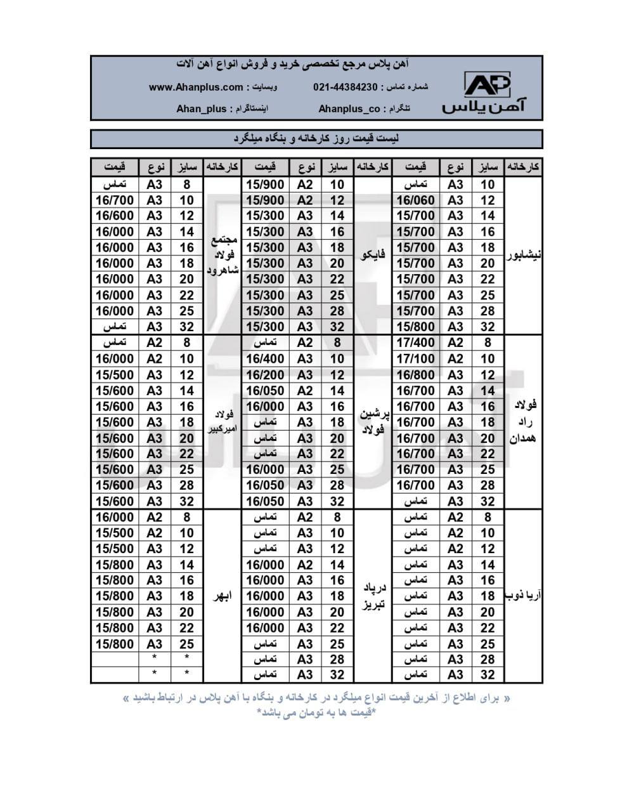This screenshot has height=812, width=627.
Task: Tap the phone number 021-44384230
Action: [345, 87]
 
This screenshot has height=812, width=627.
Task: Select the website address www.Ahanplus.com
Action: [196, 87]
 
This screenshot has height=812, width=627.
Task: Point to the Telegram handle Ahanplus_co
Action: [349, 108]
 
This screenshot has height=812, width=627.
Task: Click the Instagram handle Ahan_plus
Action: [201, 108]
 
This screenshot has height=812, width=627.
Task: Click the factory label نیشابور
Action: [524, 256]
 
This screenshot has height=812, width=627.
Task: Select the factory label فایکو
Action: [373, 256]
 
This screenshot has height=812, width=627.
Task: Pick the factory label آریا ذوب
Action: [524, 596]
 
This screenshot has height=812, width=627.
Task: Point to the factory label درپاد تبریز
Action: [373, 596]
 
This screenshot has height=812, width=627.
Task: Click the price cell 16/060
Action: [415, 200]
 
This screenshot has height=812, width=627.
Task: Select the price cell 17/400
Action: [415, 343]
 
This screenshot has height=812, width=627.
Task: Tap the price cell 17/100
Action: [415, 359]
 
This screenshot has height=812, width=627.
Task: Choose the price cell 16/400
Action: [265, 359]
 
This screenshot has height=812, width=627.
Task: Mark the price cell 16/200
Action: [265, 375]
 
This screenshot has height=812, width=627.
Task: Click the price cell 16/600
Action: [115, 216]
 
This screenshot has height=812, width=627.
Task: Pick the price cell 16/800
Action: [415, 375]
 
